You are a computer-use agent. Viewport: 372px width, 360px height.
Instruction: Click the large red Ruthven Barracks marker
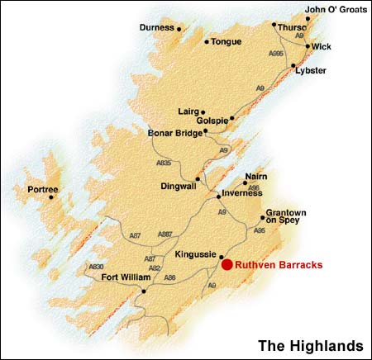pos(227,265)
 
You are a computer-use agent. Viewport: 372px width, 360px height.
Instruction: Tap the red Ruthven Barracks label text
pos(278,265)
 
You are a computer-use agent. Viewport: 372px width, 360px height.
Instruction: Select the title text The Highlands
pos(310,343)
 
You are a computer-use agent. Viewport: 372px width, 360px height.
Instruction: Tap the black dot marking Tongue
pos(206,41)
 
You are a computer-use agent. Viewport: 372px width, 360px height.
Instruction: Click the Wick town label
pos(322,47)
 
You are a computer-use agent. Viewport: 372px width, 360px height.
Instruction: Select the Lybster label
pos(311,71)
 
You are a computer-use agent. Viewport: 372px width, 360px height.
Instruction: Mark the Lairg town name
pos(188,111)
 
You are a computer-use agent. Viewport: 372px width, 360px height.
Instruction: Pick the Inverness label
pos(241,196)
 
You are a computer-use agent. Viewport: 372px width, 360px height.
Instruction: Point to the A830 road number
pos(97,267)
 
